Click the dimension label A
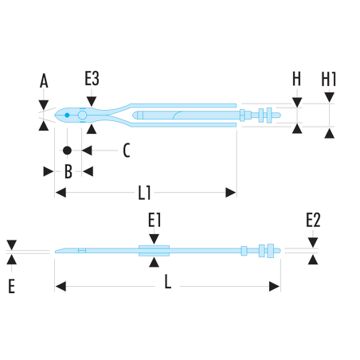44,81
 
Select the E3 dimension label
92,78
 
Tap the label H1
329,79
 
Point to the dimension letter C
127,151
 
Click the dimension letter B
68,171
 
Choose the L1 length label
144,193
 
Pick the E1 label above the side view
155,220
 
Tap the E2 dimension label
313,220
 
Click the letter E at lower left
11,286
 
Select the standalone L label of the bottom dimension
167,281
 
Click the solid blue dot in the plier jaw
67,115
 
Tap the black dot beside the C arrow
67,151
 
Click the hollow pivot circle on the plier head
82,115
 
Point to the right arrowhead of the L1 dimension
231,193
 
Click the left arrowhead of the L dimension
61,287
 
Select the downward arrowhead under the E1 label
155,239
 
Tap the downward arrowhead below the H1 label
330,97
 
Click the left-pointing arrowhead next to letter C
87,151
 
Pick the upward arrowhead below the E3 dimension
92,129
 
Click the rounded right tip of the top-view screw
279,115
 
